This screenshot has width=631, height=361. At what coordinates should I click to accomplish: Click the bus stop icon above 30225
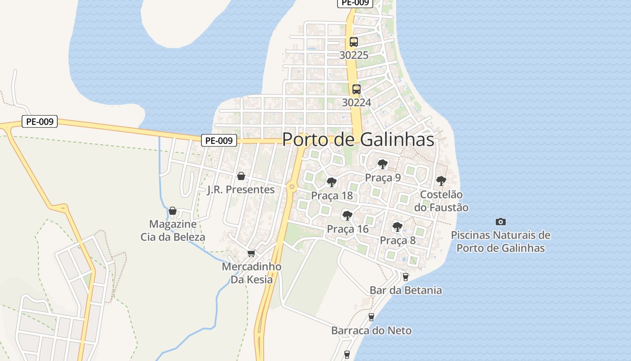pos(354,42)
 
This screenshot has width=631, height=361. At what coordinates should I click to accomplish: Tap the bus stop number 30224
pos(356,102)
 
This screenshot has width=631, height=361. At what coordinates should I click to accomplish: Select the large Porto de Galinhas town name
pos(358,139)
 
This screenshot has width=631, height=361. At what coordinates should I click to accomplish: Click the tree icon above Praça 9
pos(383,164)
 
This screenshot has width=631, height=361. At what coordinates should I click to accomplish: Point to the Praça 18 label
pos(332,196)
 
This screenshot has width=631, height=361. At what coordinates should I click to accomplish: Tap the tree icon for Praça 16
pos(347,215)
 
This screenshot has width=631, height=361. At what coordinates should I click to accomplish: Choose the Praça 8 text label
pos(398,240)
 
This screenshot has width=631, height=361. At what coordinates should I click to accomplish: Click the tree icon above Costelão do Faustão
pos(441,181)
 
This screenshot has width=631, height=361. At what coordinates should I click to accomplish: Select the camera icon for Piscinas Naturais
pos(500,222)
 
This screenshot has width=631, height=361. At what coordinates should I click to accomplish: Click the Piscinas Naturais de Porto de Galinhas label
pos(500,241)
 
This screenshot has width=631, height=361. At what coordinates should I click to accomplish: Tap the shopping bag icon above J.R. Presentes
pos(241,176)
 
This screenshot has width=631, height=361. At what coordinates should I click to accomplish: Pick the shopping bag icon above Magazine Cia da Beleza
pos(172,211)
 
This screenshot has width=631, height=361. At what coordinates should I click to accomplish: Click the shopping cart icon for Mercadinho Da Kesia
pos(251,253)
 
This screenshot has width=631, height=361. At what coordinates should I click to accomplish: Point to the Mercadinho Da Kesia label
pos(251,273)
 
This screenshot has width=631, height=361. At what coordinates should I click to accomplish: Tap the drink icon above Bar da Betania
pos(405,277)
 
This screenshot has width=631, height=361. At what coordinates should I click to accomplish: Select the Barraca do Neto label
pos(371,330)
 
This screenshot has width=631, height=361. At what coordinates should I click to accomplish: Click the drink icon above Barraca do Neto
pos(371,317)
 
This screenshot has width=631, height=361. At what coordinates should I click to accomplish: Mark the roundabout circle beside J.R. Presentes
pos(292,186)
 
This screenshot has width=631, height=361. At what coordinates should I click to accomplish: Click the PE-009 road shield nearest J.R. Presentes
pos(219,140)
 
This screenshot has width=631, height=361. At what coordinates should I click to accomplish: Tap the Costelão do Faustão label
pos(441,201)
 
